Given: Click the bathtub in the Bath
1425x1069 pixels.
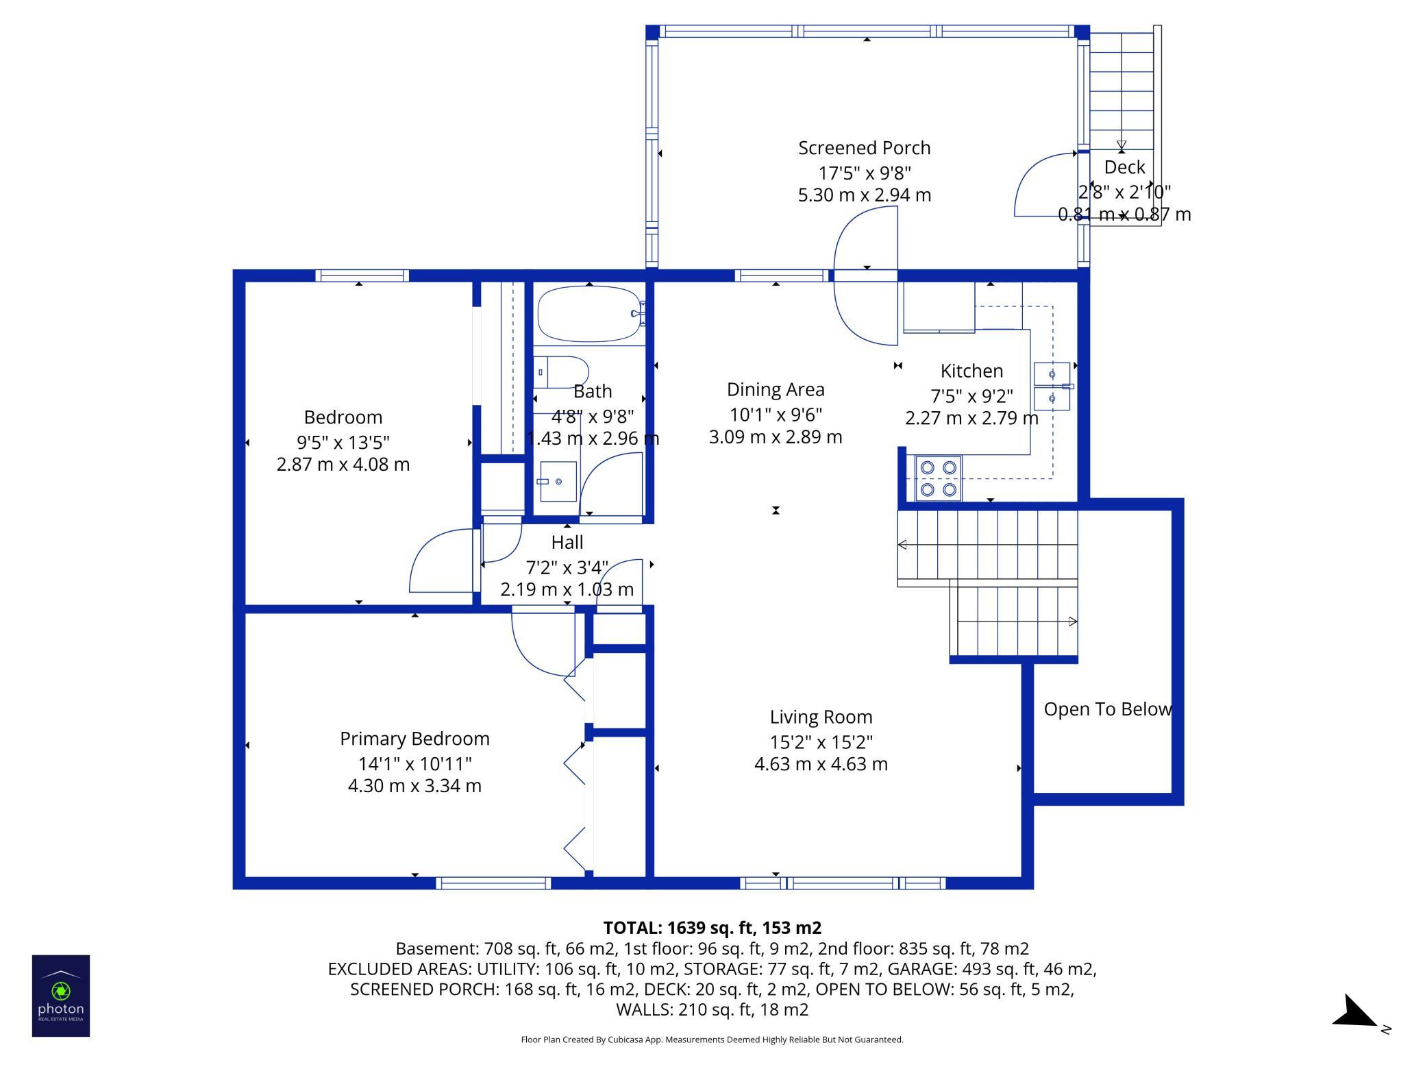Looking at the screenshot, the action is click(590, 315).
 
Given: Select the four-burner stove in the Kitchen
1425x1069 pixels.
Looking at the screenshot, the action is click(938, 478).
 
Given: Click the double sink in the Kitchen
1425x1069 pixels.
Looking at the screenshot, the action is click(1052, 386).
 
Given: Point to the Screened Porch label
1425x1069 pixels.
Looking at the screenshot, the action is click(865, 148).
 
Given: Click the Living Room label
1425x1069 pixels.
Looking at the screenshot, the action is click(821, 717).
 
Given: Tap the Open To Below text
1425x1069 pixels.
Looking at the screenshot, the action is click(1108, 709).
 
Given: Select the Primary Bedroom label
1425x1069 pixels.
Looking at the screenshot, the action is click(414, 739).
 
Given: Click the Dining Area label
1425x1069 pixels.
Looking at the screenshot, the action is click(776, 389).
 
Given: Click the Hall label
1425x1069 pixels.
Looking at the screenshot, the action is click(567, 542).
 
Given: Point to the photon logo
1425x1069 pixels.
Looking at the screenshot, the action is click(61, 996).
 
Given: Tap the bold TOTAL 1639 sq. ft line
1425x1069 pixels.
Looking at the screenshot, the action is click(712, 928).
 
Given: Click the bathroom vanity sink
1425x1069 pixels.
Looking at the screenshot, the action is click(557, 482).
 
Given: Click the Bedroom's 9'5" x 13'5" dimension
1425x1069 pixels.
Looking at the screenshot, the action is click(343, 442).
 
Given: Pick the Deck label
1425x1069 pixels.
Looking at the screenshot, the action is click(1124, 167).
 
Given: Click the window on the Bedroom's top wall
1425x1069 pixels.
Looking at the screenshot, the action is click(362, 275).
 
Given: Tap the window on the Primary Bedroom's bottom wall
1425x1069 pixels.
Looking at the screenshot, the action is click(493, 883).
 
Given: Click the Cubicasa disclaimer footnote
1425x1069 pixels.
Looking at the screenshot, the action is click(712, 1040).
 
